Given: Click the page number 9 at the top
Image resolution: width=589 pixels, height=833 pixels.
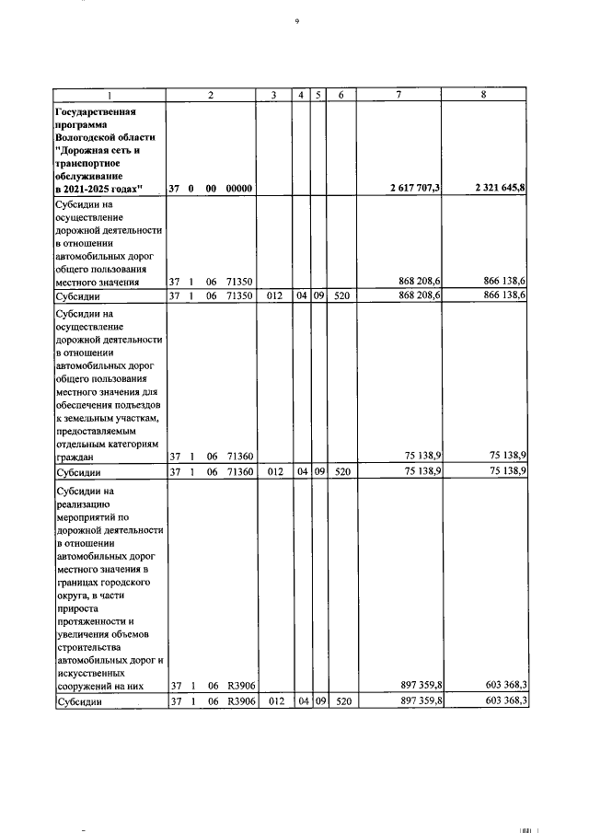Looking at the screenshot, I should coord(296,20).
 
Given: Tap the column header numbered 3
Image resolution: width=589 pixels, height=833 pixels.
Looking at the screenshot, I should coord(273,95).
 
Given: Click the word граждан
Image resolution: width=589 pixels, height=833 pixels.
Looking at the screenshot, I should coord(75,456).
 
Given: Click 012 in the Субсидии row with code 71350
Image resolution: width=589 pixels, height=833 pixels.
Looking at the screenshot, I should coord(273,296).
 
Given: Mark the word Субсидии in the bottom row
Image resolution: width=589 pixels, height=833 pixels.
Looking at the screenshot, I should coord(78,702).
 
